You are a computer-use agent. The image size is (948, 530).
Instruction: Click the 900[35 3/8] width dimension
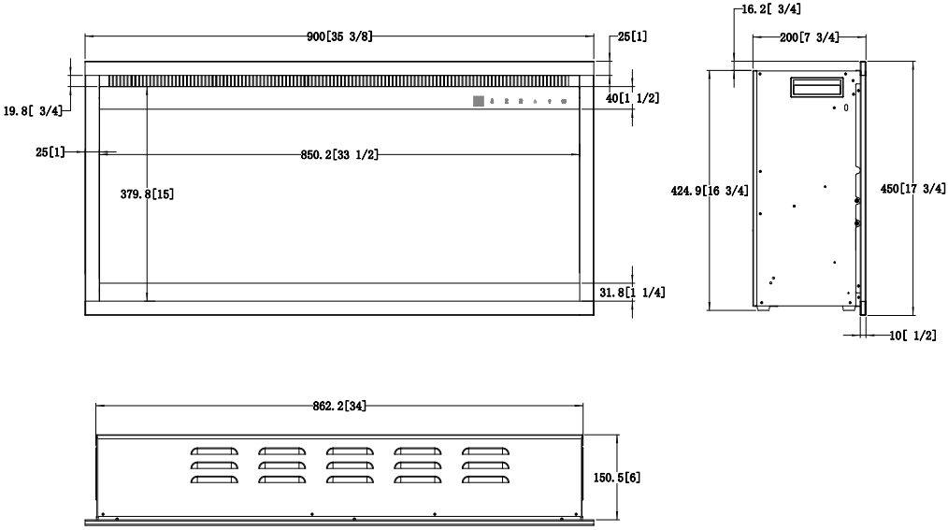click(339, 37)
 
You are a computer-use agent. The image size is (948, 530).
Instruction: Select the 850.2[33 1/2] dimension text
click(338, 153)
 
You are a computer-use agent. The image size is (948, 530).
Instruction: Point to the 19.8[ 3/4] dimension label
click(33, 110)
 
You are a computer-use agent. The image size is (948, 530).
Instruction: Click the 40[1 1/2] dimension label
click(631, 98)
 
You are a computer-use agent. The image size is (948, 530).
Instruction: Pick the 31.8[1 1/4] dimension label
click(631, 294)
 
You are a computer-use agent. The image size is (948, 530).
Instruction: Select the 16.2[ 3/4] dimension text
click(768, 10)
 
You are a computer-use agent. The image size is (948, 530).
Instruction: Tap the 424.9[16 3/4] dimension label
click(711, 191)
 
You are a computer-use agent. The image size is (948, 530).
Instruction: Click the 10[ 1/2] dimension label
click(911, 335)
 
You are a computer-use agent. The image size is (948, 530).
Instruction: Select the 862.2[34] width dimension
click(339, 406)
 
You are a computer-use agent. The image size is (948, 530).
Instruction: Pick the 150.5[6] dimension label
click(617, 477)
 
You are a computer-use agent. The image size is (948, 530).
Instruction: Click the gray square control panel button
click(478, 100)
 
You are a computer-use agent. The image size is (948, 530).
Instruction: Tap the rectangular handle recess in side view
click(818, 87)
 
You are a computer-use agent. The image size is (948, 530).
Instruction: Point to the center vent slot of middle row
click(347, 465)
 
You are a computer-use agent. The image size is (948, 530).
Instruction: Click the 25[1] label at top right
click(633, 37)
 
